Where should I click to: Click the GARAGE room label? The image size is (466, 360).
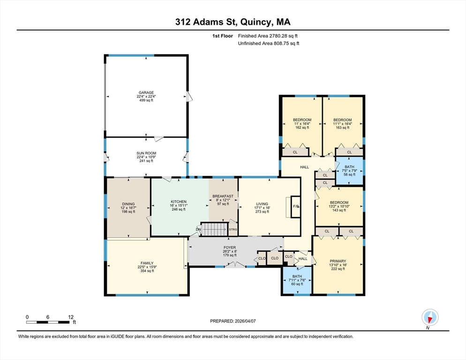point(145,93)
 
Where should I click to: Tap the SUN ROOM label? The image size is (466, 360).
point(146,153)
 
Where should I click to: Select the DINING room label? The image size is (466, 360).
point(128,204)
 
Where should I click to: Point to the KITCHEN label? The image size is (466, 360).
point(179,202)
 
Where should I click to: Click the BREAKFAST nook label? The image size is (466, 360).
point(223,196)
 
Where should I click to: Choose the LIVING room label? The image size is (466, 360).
point(262,204)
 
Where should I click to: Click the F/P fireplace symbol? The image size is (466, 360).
point(296,207)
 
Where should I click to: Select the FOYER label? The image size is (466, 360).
point(230,247)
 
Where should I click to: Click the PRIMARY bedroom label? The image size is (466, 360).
point(338,261)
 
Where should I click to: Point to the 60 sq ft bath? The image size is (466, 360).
point(297,277)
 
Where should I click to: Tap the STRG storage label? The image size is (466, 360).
point(233,229)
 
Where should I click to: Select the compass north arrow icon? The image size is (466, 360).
point(429,317)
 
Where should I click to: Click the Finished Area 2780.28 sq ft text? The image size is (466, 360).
point(268,36)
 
